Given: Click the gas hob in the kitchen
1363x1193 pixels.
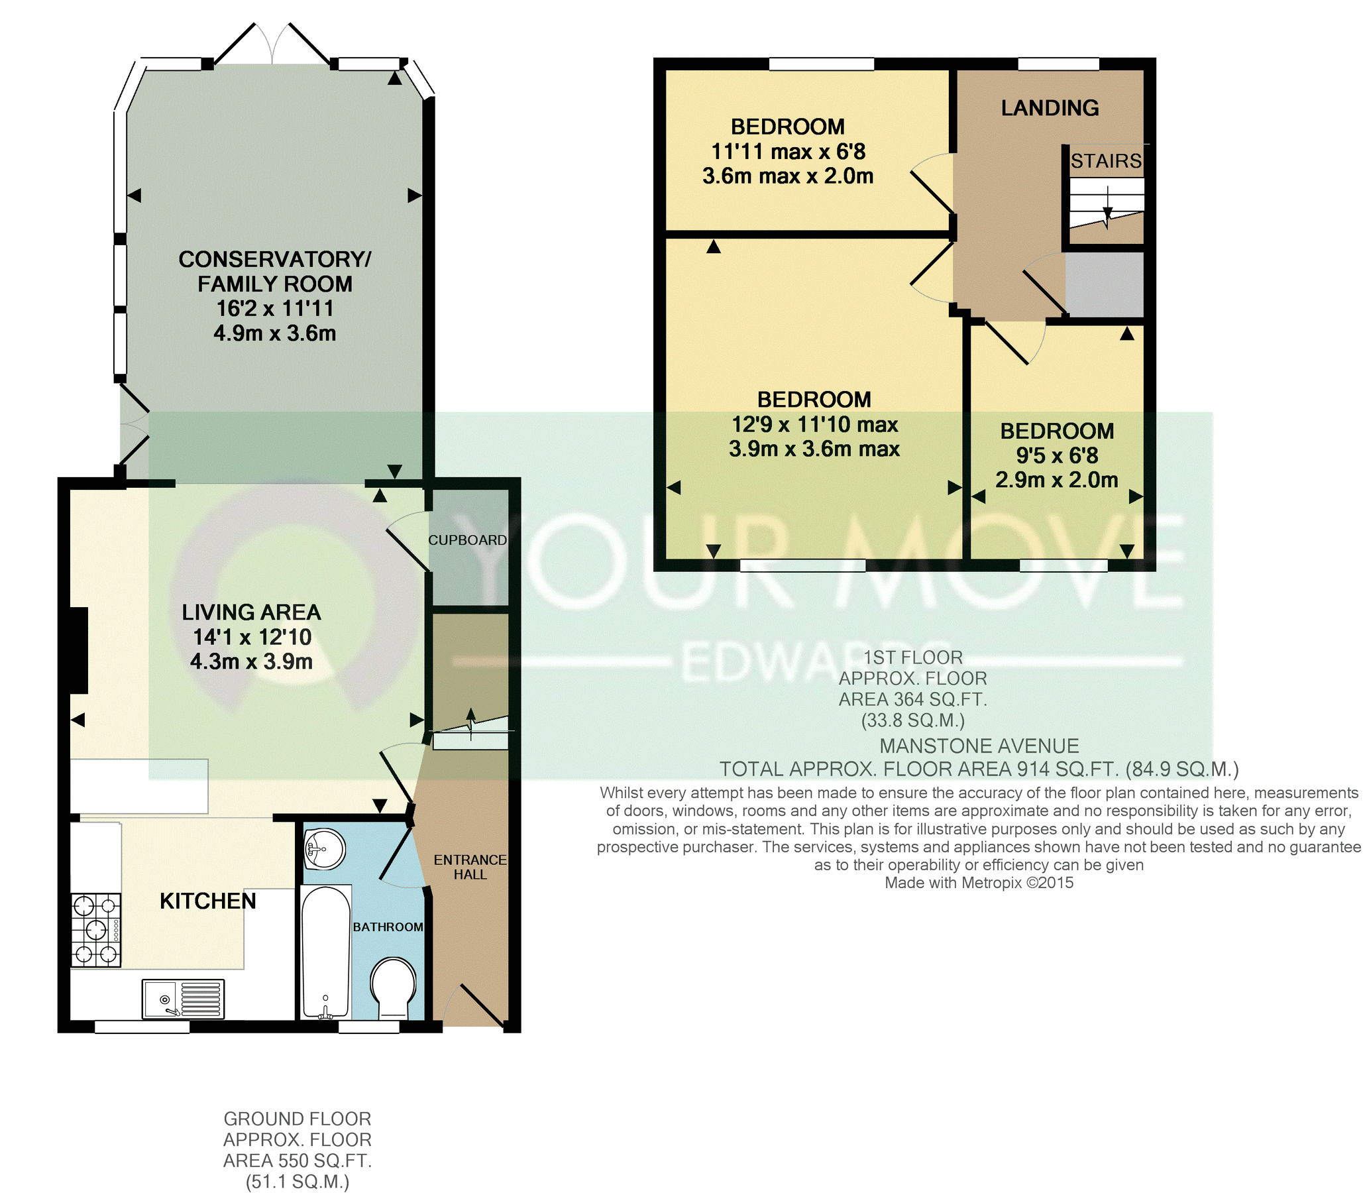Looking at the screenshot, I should click(x=97, y=930).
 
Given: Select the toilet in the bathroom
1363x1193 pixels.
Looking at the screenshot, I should click(x=394, y=987).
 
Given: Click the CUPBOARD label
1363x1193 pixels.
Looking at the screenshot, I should click(x=467, y=540).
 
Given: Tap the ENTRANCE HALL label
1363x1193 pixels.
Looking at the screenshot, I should click(x=470, y=867).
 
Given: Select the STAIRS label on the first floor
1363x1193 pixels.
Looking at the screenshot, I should click(x=1105, y=161).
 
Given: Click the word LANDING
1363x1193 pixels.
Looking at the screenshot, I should click(x=1050, y=108).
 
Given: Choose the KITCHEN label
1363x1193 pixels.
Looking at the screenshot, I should click(x=207, y=901).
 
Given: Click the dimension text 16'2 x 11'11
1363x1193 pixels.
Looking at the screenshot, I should click(x=274, y=308).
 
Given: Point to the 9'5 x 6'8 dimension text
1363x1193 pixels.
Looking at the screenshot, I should click(x=1057, y=455).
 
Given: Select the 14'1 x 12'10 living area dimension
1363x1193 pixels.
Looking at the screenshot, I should click(x=252, y=636).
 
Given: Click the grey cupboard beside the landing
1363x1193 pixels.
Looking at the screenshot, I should click(x=1104, y=284).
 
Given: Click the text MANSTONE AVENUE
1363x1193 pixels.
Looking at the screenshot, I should click(x=979, y=746).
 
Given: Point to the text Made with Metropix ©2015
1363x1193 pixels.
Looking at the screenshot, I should click(x=979, y=883).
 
